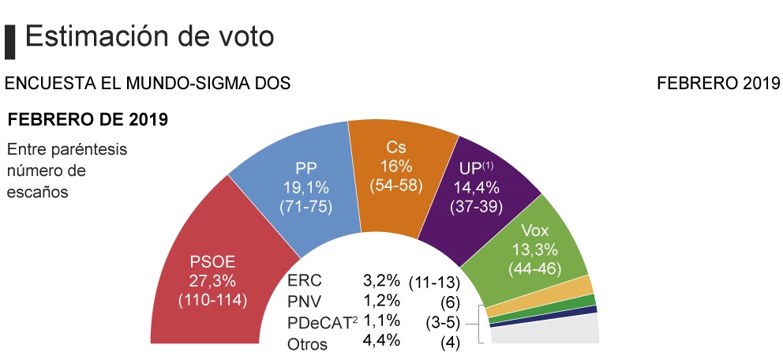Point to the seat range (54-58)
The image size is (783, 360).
(x=396, y=186)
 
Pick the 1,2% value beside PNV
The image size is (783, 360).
(x=381, y=301)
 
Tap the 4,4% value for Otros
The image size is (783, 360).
(x=381, y=341)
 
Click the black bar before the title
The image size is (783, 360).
(x=10, y=40)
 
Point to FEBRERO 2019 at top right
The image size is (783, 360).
(x=718, y=82)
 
